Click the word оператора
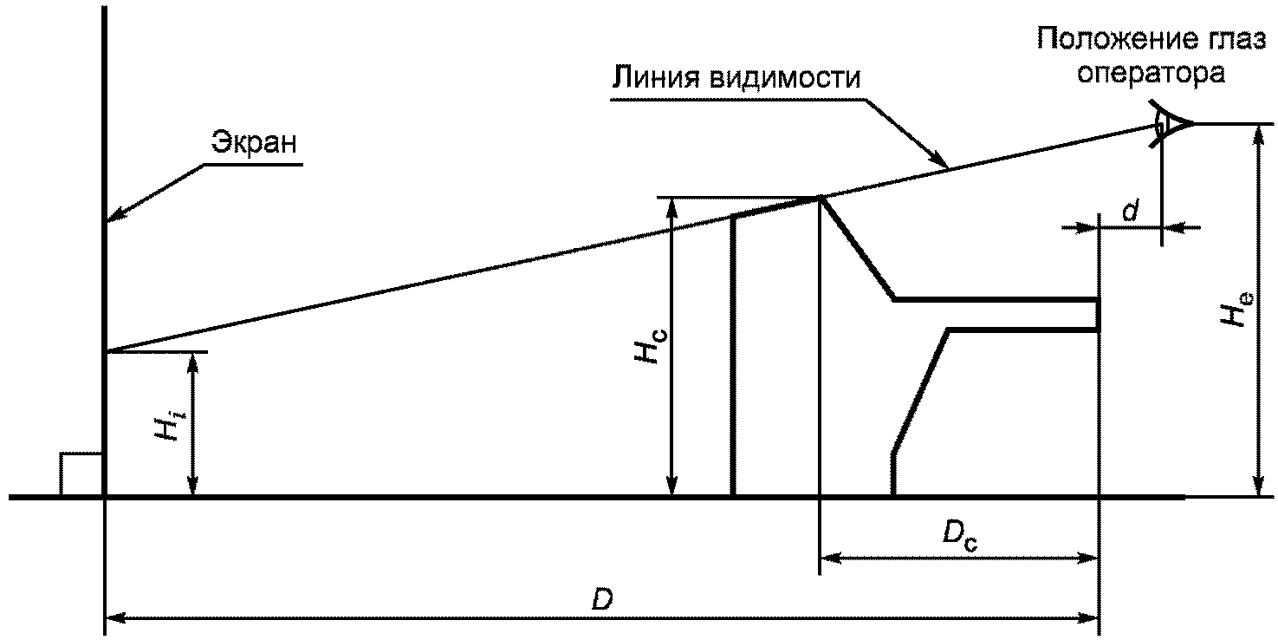tap(1149, 74)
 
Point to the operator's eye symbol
tap(1170, 124)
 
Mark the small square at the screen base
tap(81, 474)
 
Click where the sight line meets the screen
tap(105, 352)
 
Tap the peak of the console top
tap(820, 198)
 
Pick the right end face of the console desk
tap(1098, 314)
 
